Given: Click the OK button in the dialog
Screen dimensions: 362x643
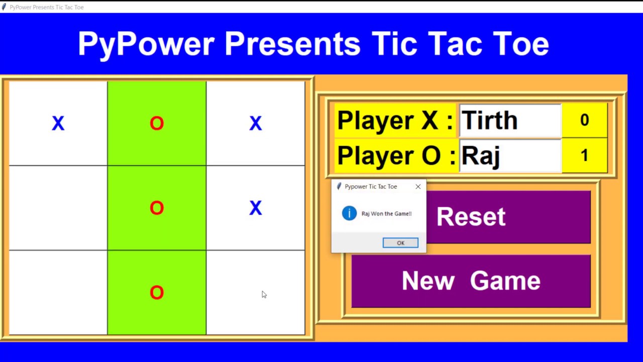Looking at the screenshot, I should (400, 243).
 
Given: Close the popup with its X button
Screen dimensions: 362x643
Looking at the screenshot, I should (418, 187).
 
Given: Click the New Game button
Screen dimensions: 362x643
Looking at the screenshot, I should (471, 281).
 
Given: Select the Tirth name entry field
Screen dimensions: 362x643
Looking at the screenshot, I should (510, 121).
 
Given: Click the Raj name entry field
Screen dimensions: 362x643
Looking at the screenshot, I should (510, 156).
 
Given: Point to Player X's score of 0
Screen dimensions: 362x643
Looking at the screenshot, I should (584, 120).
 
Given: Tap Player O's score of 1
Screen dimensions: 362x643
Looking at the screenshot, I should (584, 155).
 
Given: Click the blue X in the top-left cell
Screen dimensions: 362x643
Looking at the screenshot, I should (58, 123).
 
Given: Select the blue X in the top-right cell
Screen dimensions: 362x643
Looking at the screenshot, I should (255, 123).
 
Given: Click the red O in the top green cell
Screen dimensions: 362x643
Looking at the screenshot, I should (157, 123).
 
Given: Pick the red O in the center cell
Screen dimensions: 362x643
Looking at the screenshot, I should (157, 208).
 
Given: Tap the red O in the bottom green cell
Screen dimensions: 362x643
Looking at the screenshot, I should (157, 293).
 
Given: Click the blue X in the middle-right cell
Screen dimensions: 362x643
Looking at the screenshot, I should (255, 208).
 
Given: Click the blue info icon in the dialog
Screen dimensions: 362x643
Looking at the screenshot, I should (349, 213).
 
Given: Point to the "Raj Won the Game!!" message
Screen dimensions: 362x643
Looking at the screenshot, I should (386, 214).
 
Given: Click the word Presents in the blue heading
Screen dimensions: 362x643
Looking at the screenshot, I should (292, 44).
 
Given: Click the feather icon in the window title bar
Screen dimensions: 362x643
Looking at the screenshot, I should (4, 7).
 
